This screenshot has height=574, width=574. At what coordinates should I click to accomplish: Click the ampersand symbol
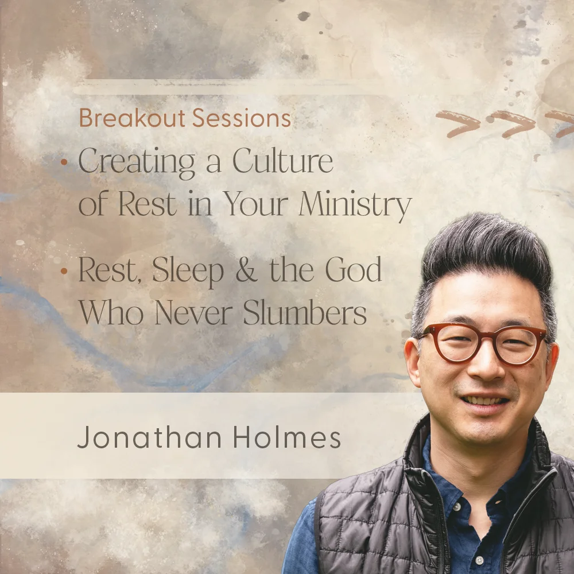(246, 271)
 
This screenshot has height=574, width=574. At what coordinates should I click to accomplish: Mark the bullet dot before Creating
(64, 162)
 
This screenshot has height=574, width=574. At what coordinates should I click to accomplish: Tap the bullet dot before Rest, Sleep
(64, 270)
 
